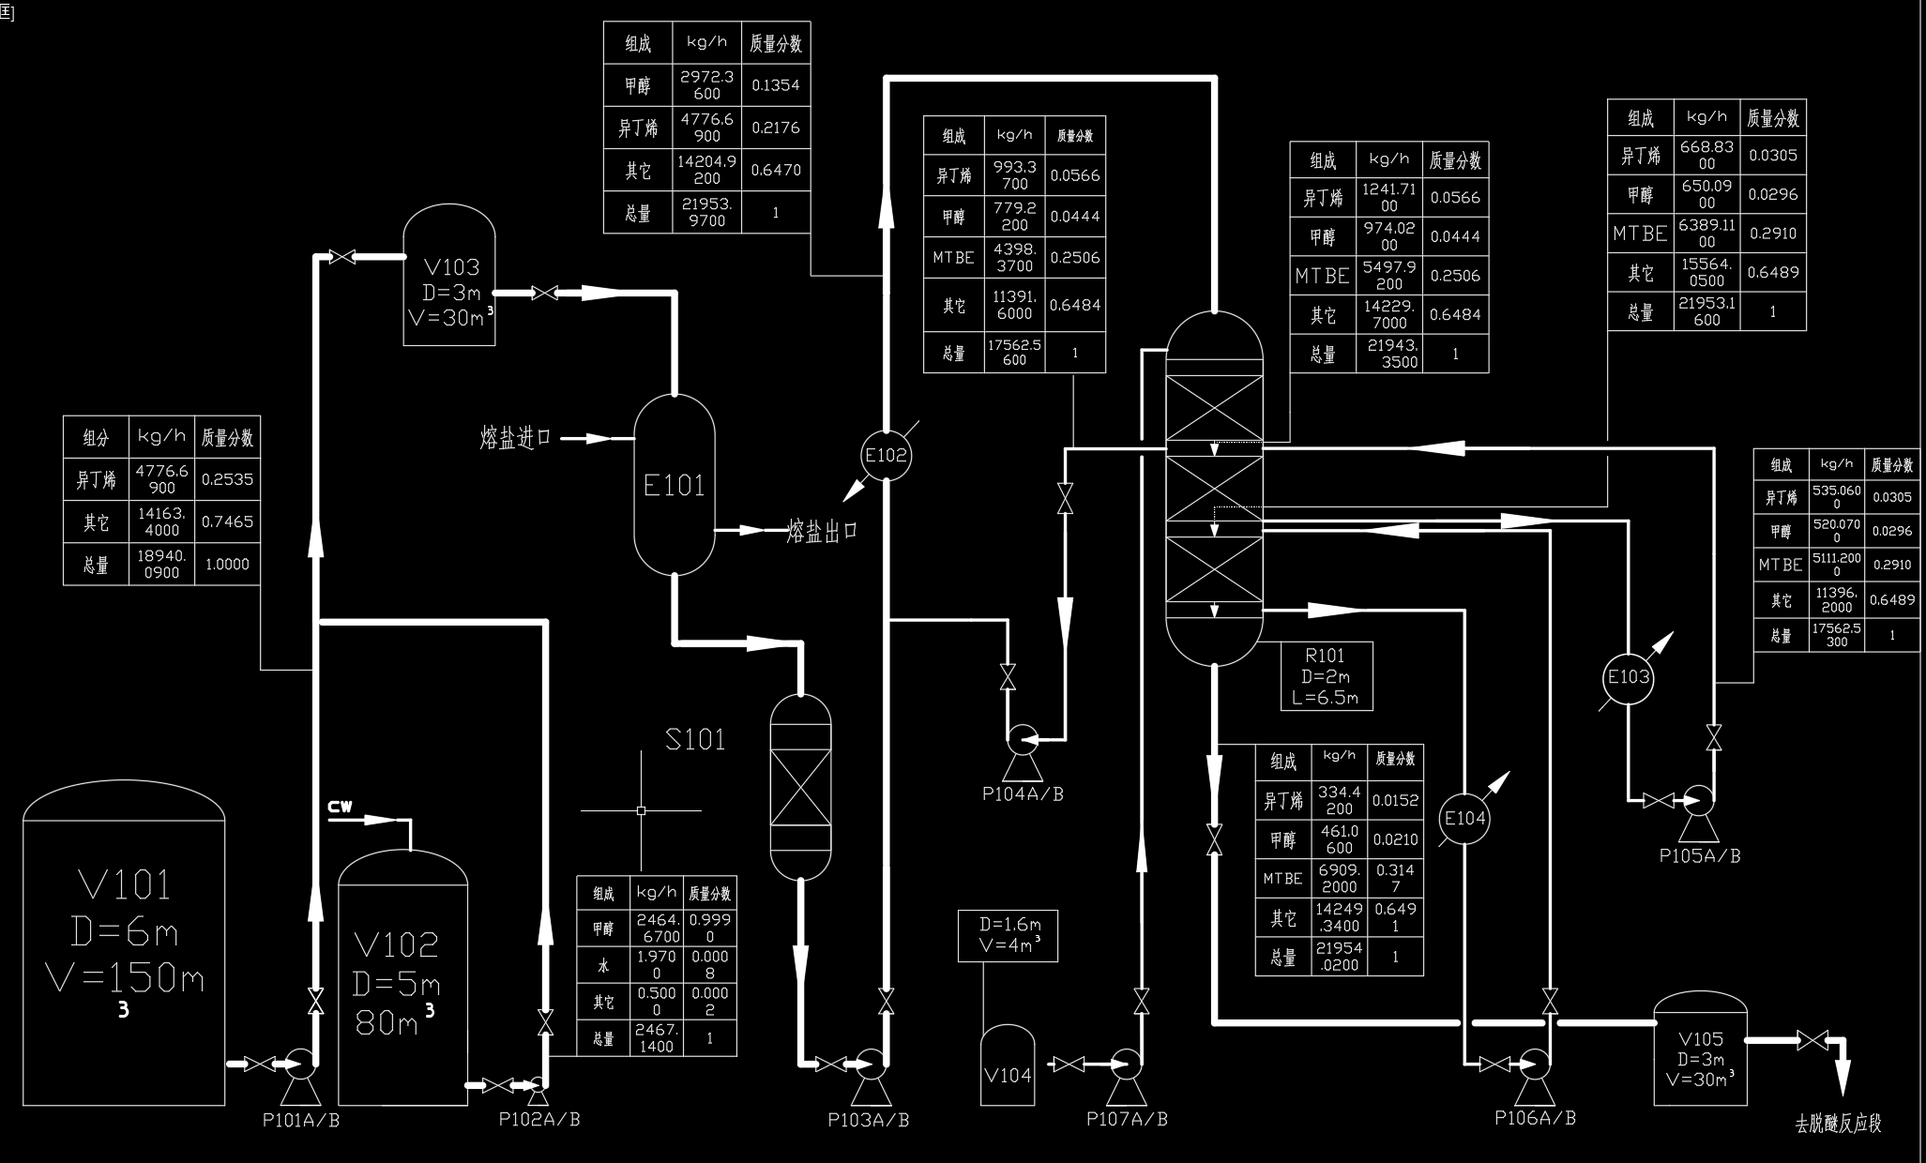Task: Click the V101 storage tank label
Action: click(x=125, y=884)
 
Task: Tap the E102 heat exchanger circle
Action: click(x=886, y=456)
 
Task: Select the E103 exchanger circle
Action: click(x=1628, y=677)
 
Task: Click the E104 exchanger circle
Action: click(x=1464, y=818)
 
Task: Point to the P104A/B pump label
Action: click(x=1023, y=794)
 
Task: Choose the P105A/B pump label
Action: click(x=1699, y=856)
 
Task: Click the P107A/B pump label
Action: click(x=1127, y=1119)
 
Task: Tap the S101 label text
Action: click(x=695, y=740)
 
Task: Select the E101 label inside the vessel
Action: click(x=674, y=485)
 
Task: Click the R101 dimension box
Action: click(x=1326, y=676)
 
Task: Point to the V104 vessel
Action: click(x=1008, y=1066)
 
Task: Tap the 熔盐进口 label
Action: click(x=515, y=438)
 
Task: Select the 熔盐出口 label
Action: click(x=822, y=531)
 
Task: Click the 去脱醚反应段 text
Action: click(x=1838, y=1124)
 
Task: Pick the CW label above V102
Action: click(x=340, y=807)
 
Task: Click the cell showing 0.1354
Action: click(x=776, y=85)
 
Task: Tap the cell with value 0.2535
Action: click(x=227, y=479)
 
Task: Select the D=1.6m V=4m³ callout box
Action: click(x=1008, y=935)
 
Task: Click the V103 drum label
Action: click(x=450, y=267)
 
